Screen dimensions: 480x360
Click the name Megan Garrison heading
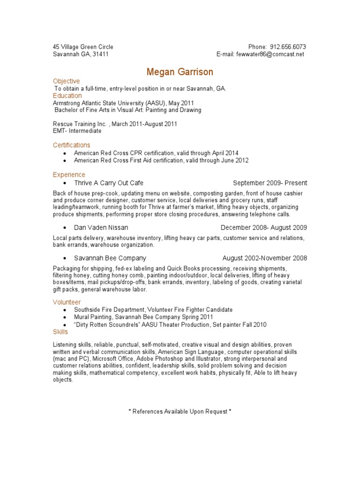pos(180,72)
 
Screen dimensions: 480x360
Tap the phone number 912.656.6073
pos(287,47)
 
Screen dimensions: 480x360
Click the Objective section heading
pos(67,81)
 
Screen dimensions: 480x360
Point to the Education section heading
pos(67,96)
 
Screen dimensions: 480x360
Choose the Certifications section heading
pos(71,145)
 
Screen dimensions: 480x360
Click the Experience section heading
pos(69,175)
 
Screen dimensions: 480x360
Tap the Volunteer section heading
pos(67,302)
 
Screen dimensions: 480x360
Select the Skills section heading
pos(60,331)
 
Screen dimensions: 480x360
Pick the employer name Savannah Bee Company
pos(110,258)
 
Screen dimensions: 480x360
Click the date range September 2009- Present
pos(270,183)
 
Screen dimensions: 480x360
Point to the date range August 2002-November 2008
pos(265,258)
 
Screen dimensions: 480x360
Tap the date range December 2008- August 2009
pos(264,228)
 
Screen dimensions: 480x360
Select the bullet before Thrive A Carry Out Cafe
pos(64,183)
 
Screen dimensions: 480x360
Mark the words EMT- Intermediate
pos(77,131)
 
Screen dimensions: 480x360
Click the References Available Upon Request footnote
pos(180,412)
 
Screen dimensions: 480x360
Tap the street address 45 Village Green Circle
pos(83,47)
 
